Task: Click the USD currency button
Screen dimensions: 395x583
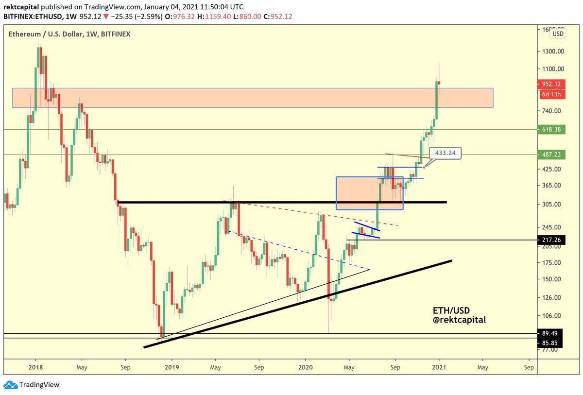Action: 558,34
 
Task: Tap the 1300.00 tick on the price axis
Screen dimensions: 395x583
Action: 552,52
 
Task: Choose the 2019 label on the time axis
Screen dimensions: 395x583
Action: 171,367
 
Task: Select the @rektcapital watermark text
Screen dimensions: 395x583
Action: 459,320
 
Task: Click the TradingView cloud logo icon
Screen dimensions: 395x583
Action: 10,385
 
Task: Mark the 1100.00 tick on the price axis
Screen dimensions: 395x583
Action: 552,69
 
